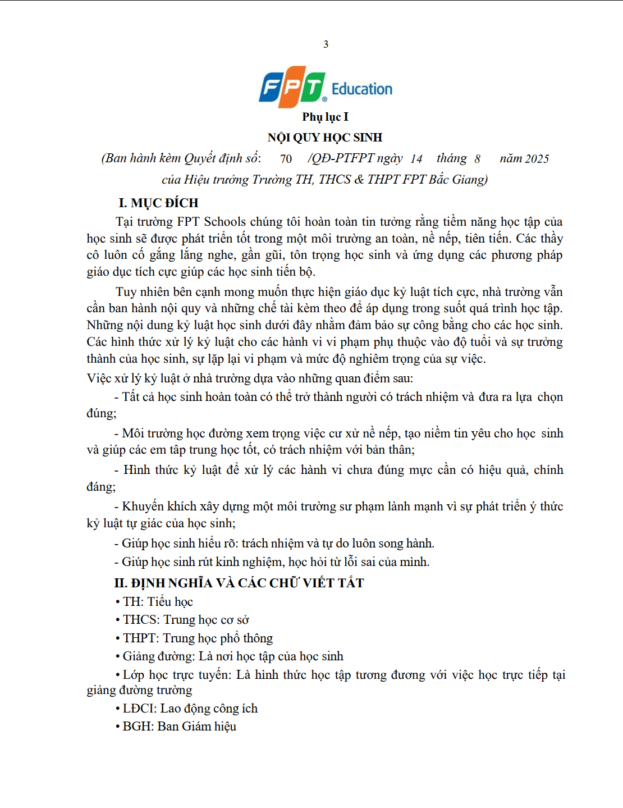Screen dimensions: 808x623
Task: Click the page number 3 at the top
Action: tap(326, 44)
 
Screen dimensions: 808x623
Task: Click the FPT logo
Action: tap(292, 88)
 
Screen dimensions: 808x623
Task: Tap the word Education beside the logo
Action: tap(362, 89)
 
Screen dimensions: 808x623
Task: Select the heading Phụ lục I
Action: tap(325, 117)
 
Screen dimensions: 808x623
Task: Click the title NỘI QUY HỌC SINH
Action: tap(325, 138)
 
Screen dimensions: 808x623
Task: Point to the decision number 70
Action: tap(286, 159)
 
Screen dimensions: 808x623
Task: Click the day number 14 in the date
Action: tap(416, 159)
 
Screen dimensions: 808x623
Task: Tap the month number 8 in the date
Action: tap(477, 159)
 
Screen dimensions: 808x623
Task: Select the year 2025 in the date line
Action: tap(537, 159)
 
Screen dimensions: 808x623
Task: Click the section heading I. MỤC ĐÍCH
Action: tap(158, 203)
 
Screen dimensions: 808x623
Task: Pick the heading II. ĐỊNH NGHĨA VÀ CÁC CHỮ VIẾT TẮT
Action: tap(239, 583)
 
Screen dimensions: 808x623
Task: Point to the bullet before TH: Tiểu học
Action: tap(118, 602)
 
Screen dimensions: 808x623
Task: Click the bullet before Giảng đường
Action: tap(118, 656)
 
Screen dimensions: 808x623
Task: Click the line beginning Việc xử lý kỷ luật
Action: tap(250, 378)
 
